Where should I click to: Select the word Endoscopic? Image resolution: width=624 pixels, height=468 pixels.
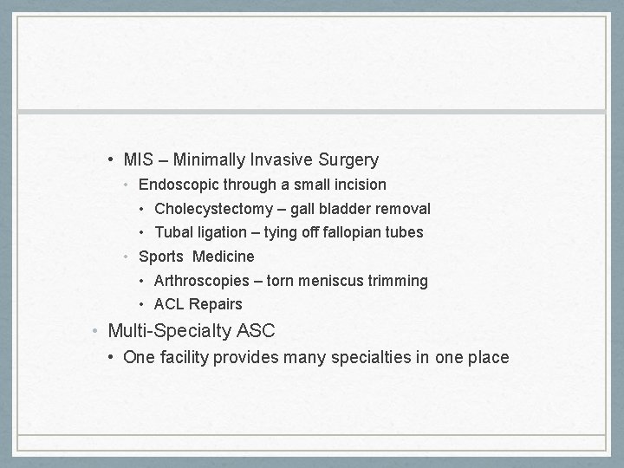(178, 185)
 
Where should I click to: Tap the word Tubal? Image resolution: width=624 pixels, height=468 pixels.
(172, 232)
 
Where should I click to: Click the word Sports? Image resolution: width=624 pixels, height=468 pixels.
(160, 257)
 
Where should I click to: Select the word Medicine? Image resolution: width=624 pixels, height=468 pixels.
(224, 257)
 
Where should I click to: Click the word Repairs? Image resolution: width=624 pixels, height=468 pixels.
(216, 304)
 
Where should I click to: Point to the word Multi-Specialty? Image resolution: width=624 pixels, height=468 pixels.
(169, 330)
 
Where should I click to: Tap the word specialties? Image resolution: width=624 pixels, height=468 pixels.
(368, 357)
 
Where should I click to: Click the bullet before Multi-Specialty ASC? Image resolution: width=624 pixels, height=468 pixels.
(97, 330)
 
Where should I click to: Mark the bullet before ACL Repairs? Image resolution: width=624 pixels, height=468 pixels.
(143, 304)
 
